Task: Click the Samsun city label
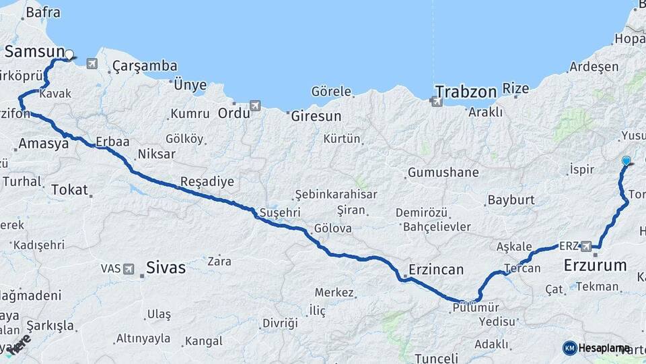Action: (34, 53)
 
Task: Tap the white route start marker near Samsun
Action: (69, 54)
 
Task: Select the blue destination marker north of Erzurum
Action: (626, 160)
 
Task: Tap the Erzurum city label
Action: (594, 265)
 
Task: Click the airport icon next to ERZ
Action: (585, 246)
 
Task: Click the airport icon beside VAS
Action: (129, 268)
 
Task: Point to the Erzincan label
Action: (436, 270)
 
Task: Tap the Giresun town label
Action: (316, 116)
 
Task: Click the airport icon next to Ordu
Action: (254, 106)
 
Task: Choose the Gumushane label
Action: (443, 173)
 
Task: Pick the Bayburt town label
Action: (511, 200)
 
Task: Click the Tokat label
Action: (70, 190)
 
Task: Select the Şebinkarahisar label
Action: (335, 194)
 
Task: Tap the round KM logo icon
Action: (569, 348)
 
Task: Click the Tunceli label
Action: (436, 358)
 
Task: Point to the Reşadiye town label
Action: (207, 181)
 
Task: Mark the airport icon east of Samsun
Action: (92, 63)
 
